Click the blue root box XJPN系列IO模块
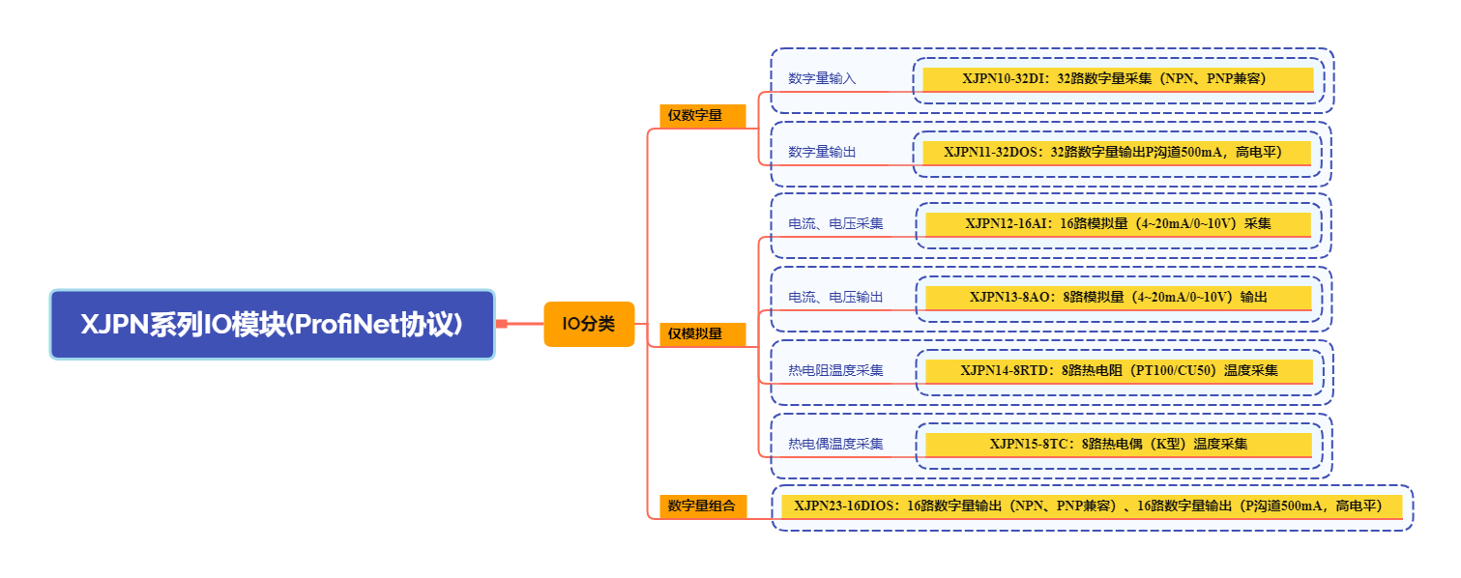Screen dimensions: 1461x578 (x=273, y=325)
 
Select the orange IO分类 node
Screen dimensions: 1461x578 (x=589, y=324)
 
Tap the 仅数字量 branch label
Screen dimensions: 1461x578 (x=702, y=116)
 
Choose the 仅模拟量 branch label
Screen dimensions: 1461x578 (x=702, y=334)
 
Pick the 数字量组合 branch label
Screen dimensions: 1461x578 (x=703, y=506)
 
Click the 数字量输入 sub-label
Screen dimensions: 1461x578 (x=822, y=79)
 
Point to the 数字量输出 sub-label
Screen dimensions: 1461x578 (x=822, y=153)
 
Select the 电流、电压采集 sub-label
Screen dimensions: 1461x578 (x=835, y=224)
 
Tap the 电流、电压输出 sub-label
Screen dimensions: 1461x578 (x=835, y=298)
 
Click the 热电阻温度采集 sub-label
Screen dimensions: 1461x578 (x=835, y=371)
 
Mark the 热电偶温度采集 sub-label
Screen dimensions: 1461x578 (x=835, y=445)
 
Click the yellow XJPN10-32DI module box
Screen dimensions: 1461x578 (x=1118, y=79)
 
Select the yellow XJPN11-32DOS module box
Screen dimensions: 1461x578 (x=1117, y=153)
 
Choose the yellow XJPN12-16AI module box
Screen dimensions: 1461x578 (x=1118, y=225)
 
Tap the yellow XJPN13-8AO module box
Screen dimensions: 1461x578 (x=1119, y=299)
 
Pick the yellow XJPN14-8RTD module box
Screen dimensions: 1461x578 (x=1120, y=371)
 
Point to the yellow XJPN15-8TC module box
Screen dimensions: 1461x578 (x=1119, y=445)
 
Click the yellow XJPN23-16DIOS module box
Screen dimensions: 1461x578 (x=1092, y=507)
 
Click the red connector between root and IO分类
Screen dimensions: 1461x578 (x=520, y=324)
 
